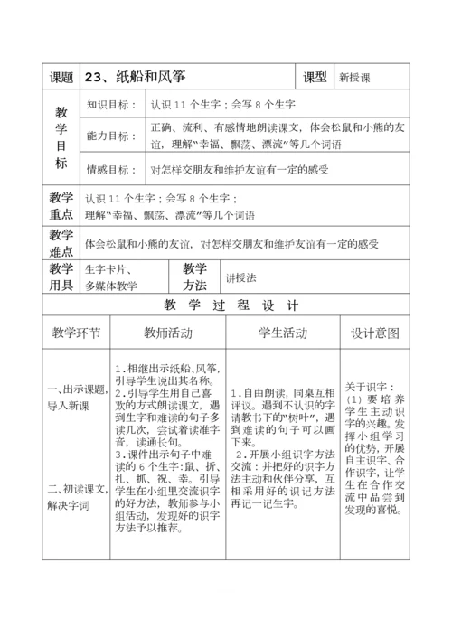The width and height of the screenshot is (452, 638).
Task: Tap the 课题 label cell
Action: pyautogui.click(x=61, y=78)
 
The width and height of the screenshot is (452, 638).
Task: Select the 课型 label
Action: pyautogui.click(x=315, y=78)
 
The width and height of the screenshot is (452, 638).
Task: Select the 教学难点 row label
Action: pyautogui.click(x=61, y=242)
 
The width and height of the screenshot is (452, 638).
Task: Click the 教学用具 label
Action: pyautogui.click(x=61, y=277)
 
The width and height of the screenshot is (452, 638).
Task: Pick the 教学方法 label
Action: pyautogui.click(x=194, y=277)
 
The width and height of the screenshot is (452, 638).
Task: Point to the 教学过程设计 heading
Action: pyautogui.click(x=226, y=305)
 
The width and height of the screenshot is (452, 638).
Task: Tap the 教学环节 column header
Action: pyautogui.click(x=76, y=333)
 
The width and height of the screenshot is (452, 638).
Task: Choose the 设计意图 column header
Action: pyautogui.click(x=374, y=333)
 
